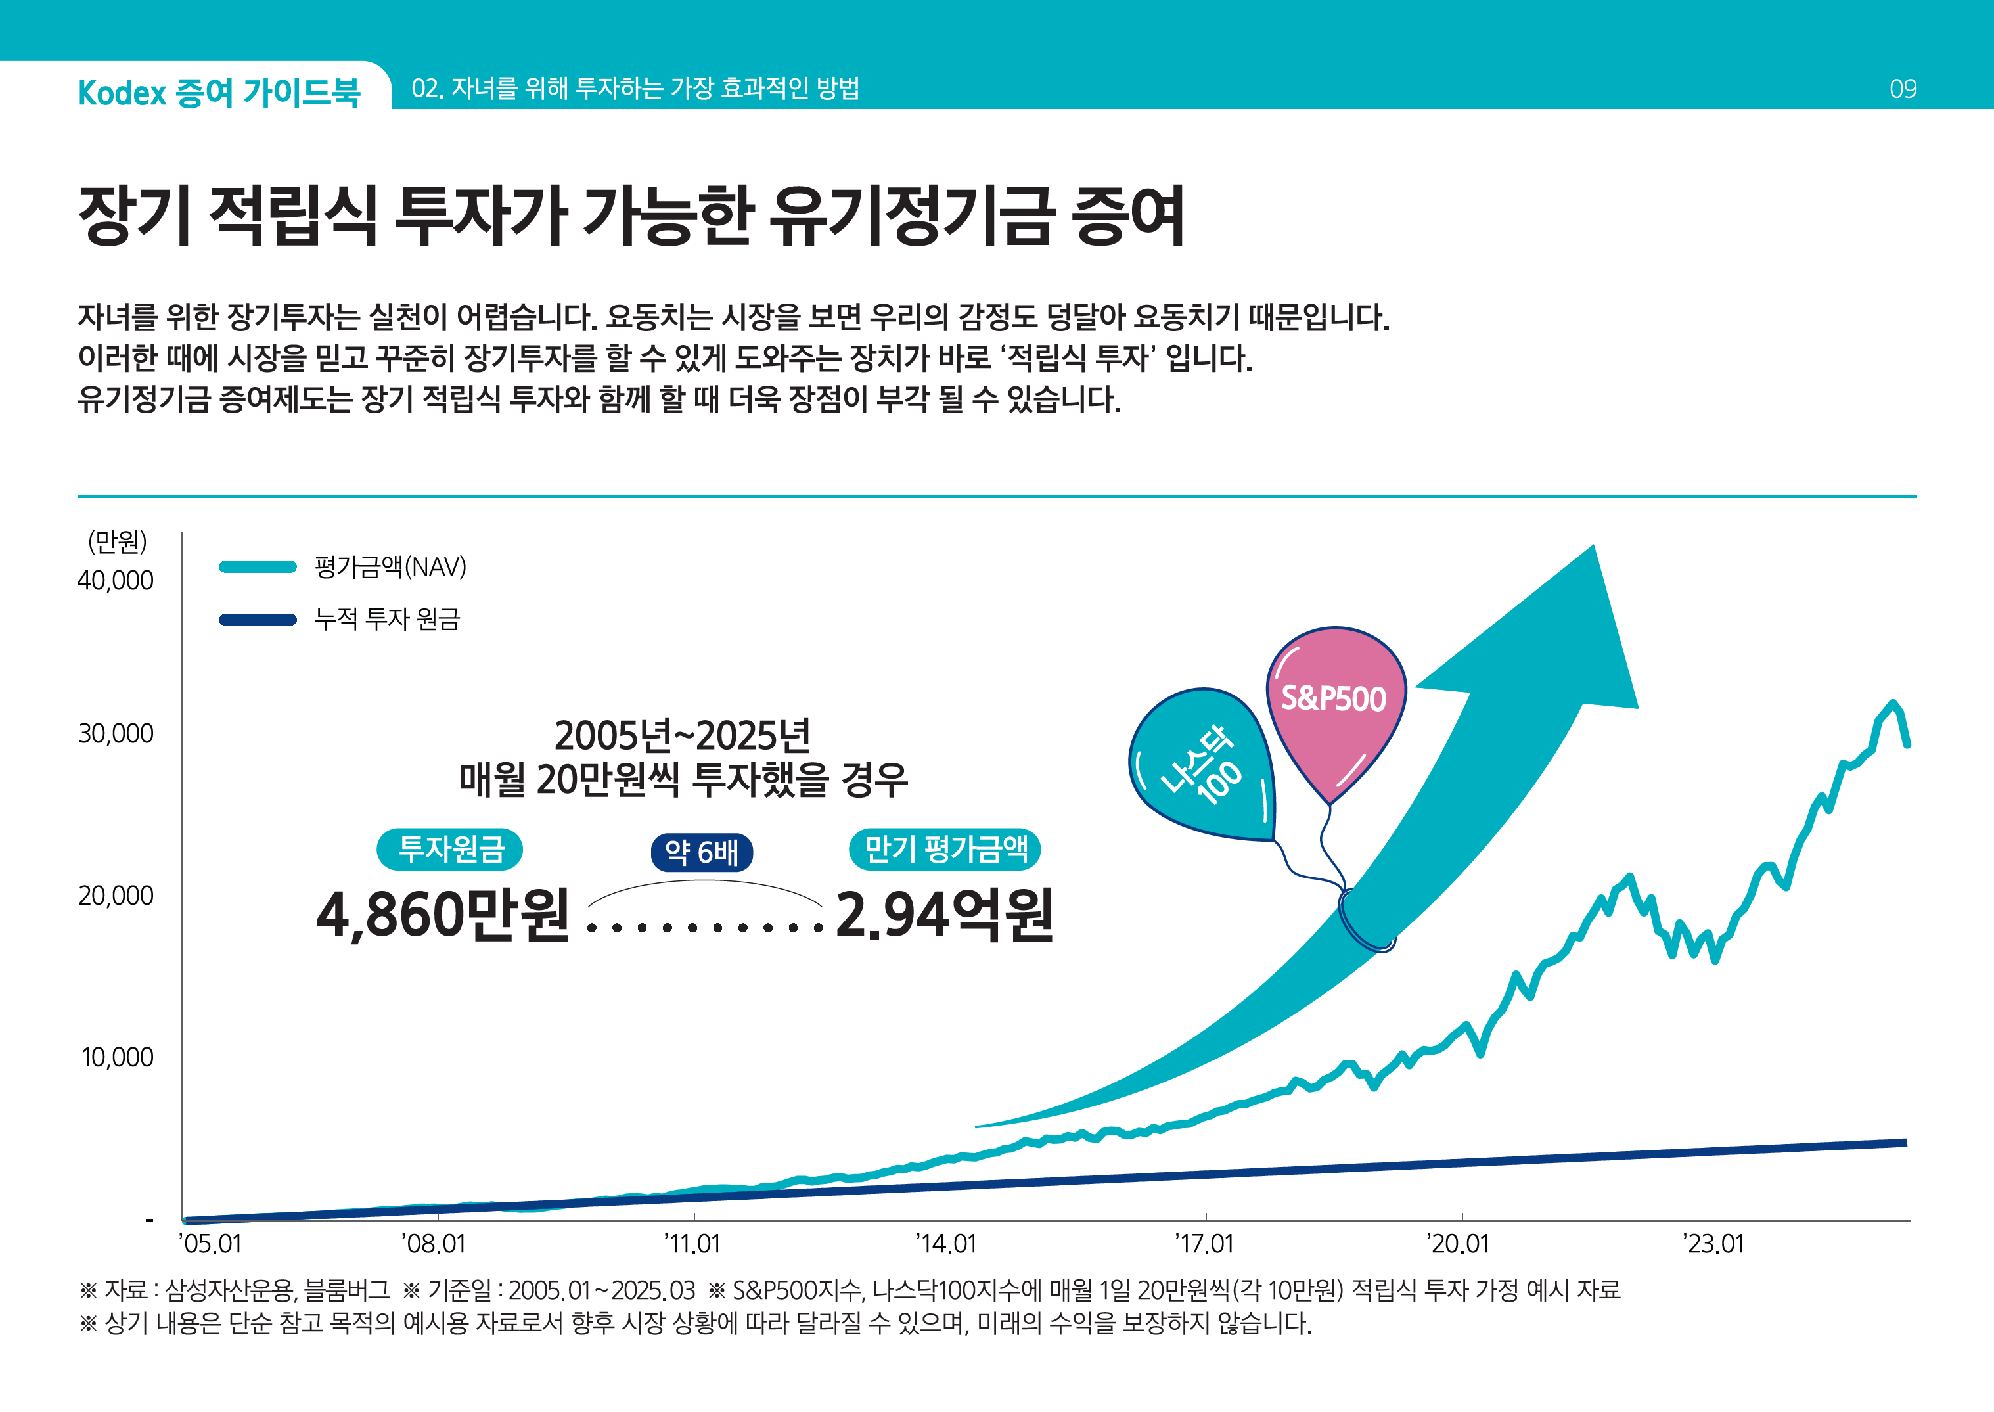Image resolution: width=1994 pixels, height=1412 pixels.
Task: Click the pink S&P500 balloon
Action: click(1335, 704)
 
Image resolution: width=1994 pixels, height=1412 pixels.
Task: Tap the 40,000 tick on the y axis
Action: click(116, 581)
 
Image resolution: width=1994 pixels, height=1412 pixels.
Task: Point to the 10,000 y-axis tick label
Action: click(118, 1057)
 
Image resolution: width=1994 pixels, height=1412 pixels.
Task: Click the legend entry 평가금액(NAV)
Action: click(390, 568)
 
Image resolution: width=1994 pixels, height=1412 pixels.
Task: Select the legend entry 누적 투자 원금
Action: click(387, 619)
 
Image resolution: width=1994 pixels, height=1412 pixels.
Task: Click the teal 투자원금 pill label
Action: click(449, 850)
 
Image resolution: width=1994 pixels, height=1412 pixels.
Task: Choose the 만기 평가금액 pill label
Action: click(945, 850)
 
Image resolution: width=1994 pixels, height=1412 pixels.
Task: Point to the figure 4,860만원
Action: click(442, 915)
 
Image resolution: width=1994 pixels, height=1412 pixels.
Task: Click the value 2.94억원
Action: click(944, 915)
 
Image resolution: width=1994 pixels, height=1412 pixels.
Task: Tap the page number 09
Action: click(1903, 89)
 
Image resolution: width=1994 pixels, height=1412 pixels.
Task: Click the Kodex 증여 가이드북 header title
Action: click(219, 92)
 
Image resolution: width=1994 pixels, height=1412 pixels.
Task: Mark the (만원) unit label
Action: click(118, 541)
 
